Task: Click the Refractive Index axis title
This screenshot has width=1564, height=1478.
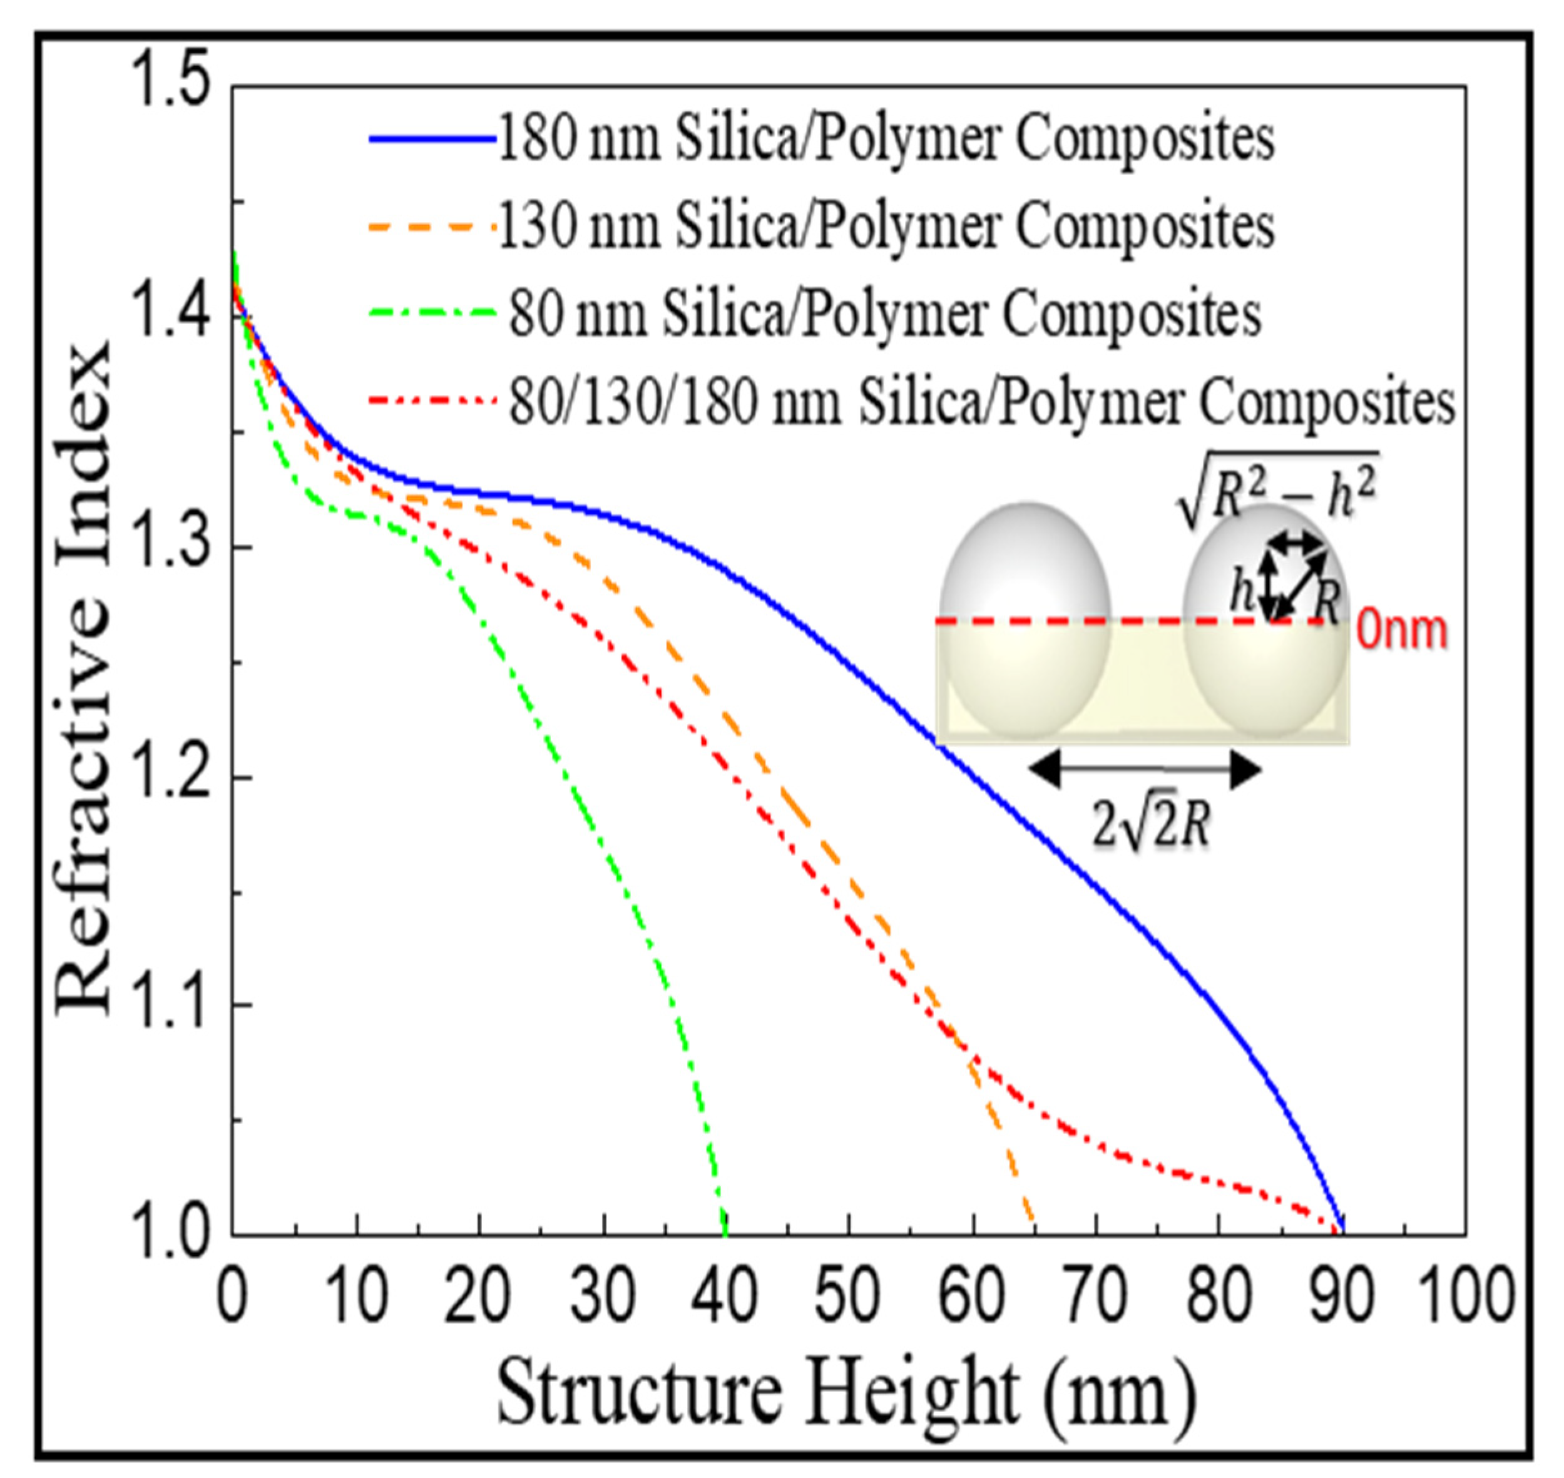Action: (83, 678)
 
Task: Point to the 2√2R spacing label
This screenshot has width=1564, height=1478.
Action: (1150, 828)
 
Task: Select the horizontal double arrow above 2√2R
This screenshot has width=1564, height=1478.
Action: (1147, 770)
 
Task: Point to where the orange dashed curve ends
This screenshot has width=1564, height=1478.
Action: (1033, 1231)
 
